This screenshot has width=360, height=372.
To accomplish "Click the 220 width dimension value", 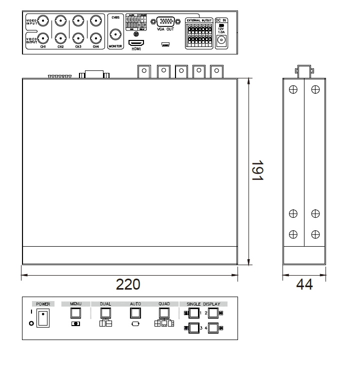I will coord(128,285).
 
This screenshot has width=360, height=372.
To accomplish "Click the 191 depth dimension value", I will coord(257,171).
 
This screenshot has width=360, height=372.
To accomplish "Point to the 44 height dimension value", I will coord(304,285).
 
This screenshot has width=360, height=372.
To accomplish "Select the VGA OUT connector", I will coord(165,22).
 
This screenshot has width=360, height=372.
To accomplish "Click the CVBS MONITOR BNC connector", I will coord(116,35).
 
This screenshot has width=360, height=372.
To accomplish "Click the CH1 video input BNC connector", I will coord(43,21).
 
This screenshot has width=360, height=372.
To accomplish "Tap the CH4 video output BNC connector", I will coord(95,38).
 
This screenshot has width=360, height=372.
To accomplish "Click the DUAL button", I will coord(105,313).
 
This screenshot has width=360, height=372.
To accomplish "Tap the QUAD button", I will coord(163,313).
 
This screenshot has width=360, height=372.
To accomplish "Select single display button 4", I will coord(213,329).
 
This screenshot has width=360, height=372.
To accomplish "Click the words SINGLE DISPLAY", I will coord(203,304).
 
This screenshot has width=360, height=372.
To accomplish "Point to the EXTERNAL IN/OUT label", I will coord(198,20).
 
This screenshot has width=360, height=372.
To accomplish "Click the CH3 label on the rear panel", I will coord(78,47).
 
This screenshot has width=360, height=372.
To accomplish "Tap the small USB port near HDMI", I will coord(164,44).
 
